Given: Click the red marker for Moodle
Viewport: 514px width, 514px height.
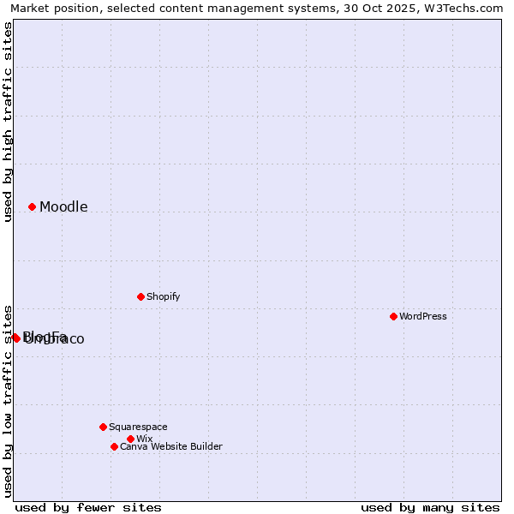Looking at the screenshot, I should [x=32, y=206].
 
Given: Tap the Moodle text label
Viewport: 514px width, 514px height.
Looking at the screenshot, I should [x=63, y=207].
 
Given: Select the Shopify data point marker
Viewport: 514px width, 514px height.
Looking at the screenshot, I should [x=140, y=296].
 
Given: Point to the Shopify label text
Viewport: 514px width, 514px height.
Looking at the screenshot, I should [x=163, y=296].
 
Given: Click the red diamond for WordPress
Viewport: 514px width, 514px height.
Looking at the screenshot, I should [x=393, y=316].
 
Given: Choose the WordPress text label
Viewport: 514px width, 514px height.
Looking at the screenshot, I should [x=423, y=316].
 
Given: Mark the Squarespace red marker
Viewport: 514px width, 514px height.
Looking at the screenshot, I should [x=103, y=427].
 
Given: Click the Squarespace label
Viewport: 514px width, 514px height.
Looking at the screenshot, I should [x=138, y=427].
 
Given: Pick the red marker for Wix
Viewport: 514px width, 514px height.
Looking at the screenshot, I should [x=130, y=439].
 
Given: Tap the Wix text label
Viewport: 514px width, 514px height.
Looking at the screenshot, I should [x=144, y=439].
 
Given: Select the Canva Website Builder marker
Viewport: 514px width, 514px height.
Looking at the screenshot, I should [x=114, y=446].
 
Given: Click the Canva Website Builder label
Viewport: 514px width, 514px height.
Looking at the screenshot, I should [x=171, y=446].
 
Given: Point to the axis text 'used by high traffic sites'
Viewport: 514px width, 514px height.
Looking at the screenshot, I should [x=9, y=122].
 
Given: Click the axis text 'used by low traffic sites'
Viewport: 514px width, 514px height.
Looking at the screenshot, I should [x=9, y=400].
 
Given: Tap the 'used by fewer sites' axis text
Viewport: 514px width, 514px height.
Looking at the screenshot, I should [x=88, y=507].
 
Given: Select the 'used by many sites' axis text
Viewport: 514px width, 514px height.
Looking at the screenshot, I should [x=430, y=507].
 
